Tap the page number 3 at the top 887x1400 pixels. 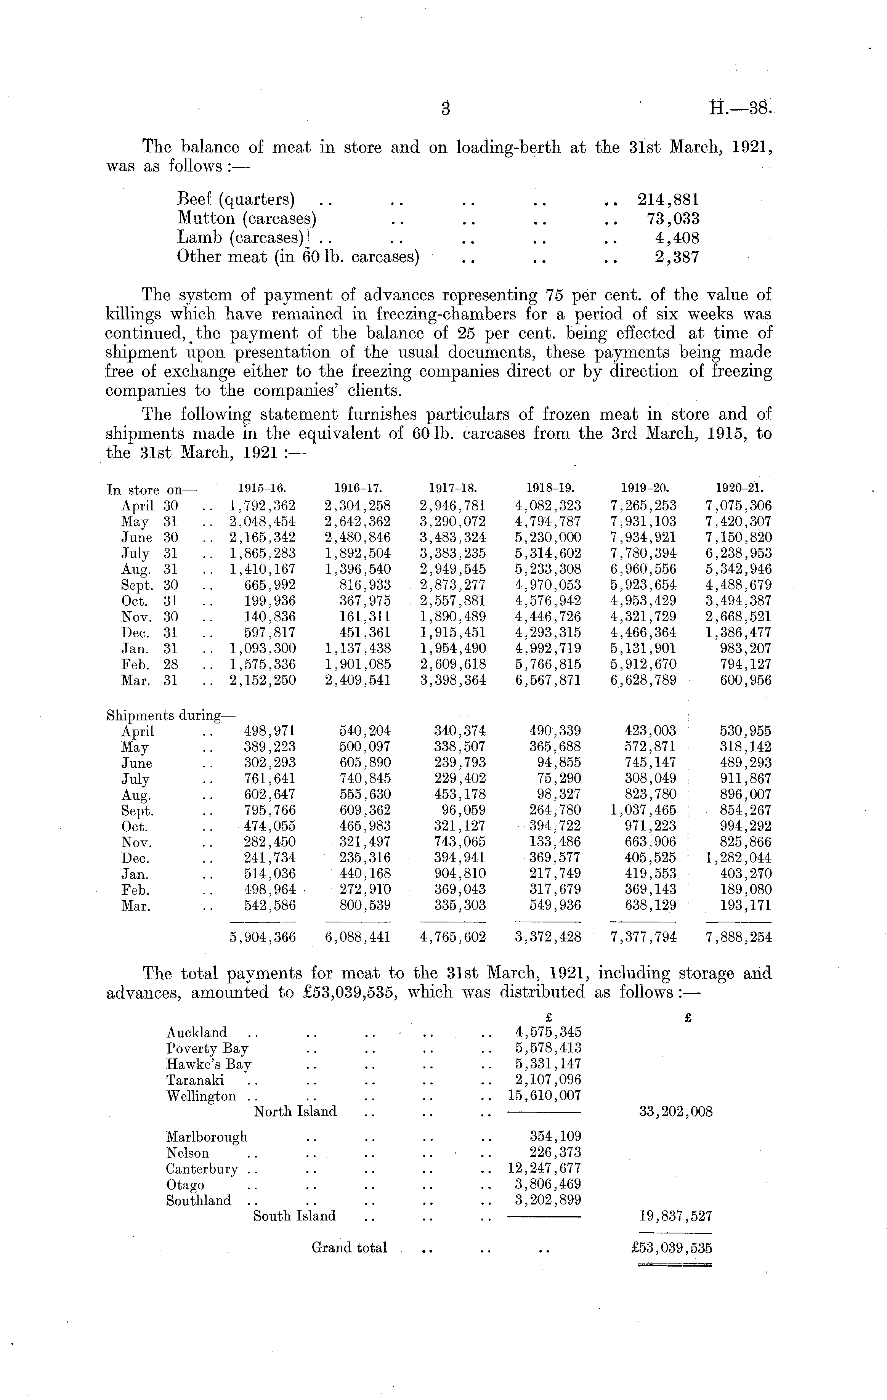(446, 109)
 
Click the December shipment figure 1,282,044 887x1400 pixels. (739, 858)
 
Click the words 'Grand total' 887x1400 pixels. (349, 1247)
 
